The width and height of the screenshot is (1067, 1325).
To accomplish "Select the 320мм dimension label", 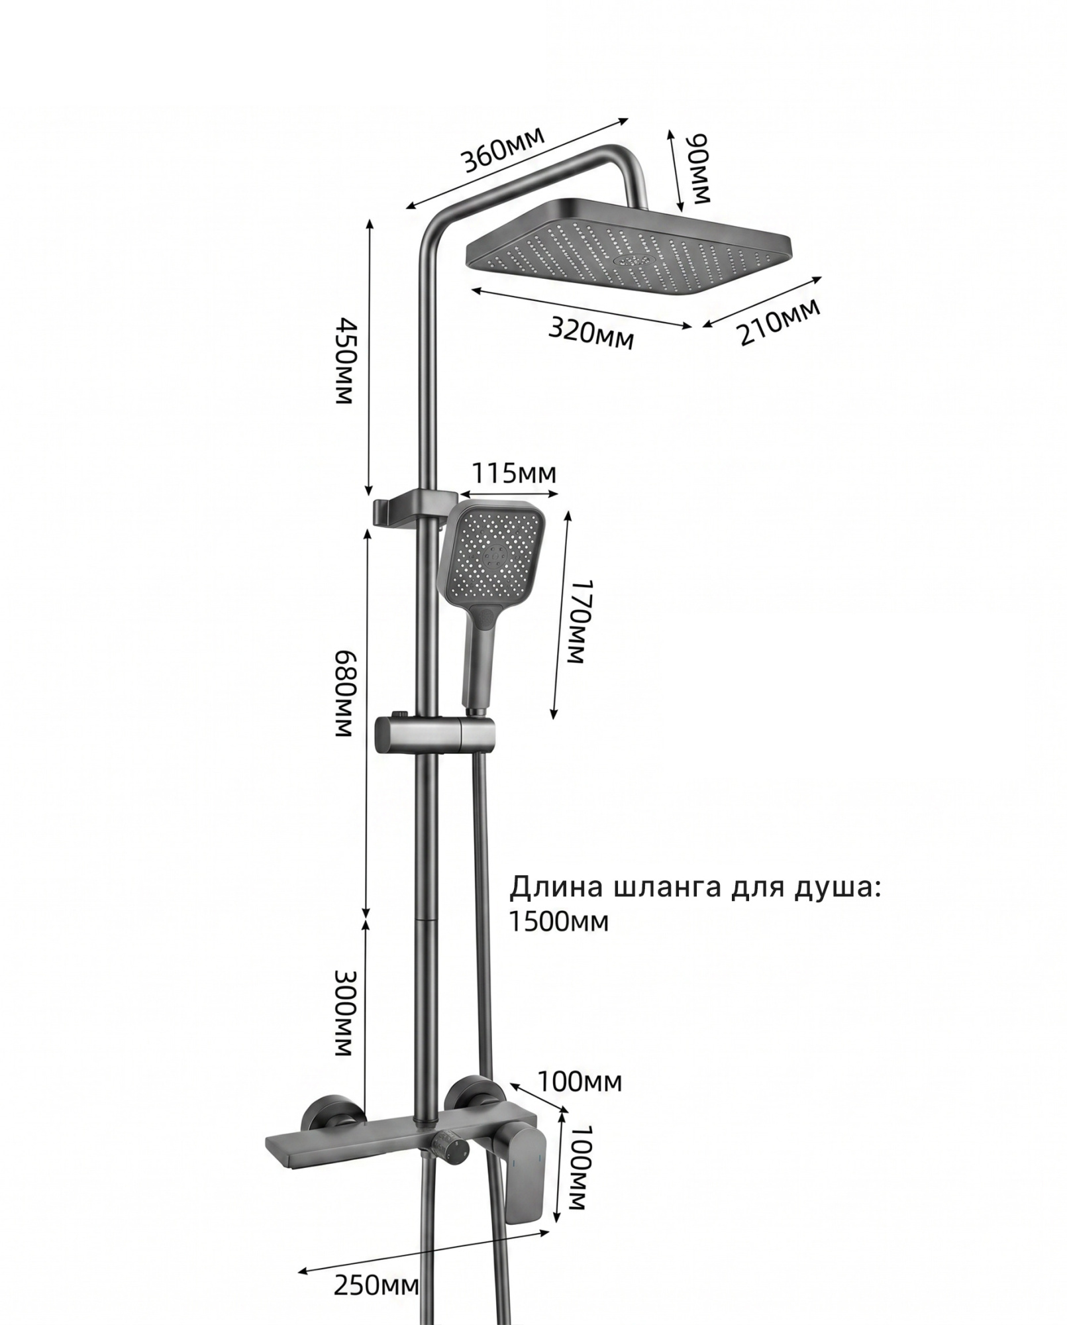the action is [x=591, y=332].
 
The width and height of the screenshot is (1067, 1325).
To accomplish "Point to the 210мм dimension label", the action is [x=780, y=322].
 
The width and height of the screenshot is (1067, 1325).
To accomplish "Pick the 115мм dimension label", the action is [x=513, y=474].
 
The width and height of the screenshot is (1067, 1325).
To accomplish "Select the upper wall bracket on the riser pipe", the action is [x=413, y=507].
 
